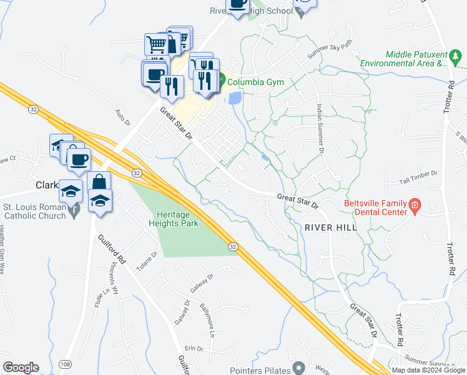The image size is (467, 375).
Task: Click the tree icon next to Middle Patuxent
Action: (x=456, y=59)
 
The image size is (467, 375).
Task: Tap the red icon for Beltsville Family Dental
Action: (x=414, y=204)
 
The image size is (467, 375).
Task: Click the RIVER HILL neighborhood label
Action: (x=331, y=227)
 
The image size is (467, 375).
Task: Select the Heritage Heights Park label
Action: (x=174, y=217)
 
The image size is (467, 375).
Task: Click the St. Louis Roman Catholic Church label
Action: (x=34, y=211)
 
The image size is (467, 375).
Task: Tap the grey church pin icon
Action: (x=75, y=211)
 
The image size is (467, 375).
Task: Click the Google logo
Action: (x=21, y=367)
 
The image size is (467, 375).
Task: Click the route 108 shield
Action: (x=64, y=363)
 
